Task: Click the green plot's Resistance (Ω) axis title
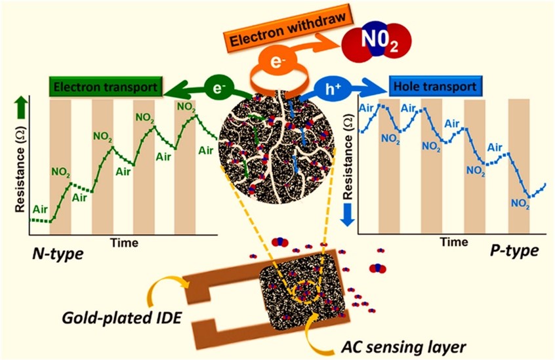pyautogui.click(x=19, y=169)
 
